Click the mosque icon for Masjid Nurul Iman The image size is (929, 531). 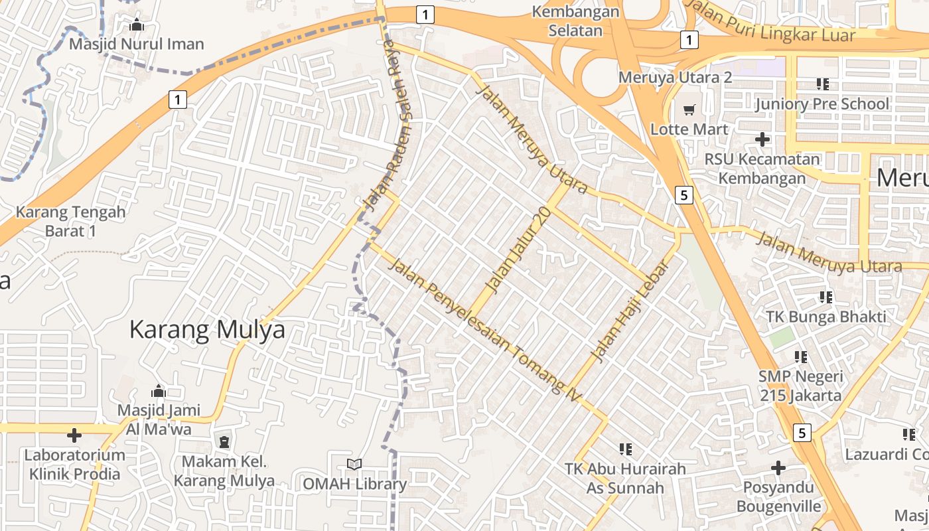coord(137,25)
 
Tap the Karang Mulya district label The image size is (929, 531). coord(207,330)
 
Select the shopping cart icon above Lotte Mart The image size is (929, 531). coord(689,109)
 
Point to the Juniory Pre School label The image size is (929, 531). coord(822,104)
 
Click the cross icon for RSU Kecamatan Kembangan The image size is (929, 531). coord(762,139)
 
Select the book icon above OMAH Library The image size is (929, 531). coord(354,465)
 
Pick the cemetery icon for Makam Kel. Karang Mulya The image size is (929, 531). coord(224,441)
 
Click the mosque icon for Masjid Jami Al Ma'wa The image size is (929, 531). coord(158,390)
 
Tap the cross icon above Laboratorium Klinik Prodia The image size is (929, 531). coord(74,435)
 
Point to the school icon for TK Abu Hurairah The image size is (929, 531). coord(625,449)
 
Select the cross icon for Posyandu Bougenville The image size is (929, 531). coord(778,468)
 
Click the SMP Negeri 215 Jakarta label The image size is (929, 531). coord(800,386)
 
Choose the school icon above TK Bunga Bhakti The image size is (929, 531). coord(826,297)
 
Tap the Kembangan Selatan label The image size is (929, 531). coord(576,21)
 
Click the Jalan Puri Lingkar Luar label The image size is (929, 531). coord(770,23)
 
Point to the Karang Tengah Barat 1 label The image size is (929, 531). coord(70,222)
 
